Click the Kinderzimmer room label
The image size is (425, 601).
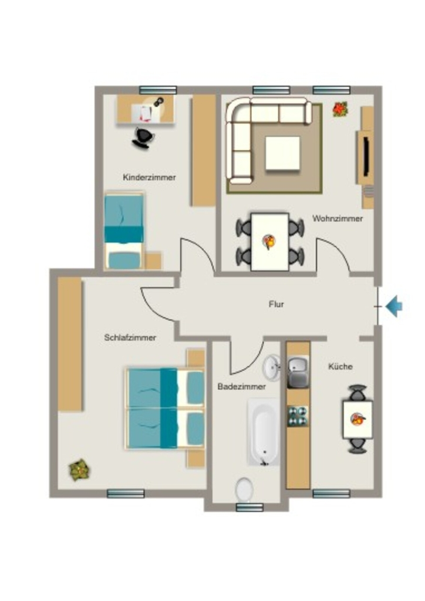149,177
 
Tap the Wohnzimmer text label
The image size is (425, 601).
337,218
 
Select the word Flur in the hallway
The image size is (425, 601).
276,305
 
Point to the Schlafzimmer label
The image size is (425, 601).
130,337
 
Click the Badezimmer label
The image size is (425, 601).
241,386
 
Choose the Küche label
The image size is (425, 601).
340,366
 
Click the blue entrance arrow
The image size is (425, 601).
394,306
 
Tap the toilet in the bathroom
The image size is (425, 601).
244,489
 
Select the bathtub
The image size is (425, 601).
264,432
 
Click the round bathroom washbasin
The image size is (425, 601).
271,367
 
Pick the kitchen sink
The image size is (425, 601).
298,372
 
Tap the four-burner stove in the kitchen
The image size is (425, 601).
298,416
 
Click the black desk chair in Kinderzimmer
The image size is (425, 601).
143,137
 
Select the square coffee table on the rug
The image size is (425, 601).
283,153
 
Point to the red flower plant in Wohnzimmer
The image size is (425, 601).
340,109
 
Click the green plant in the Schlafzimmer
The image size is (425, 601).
79,470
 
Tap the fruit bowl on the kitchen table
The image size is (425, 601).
357,419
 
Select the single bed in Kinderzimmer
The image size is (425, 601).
124,230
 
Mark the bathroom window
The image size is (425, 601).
249,508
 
